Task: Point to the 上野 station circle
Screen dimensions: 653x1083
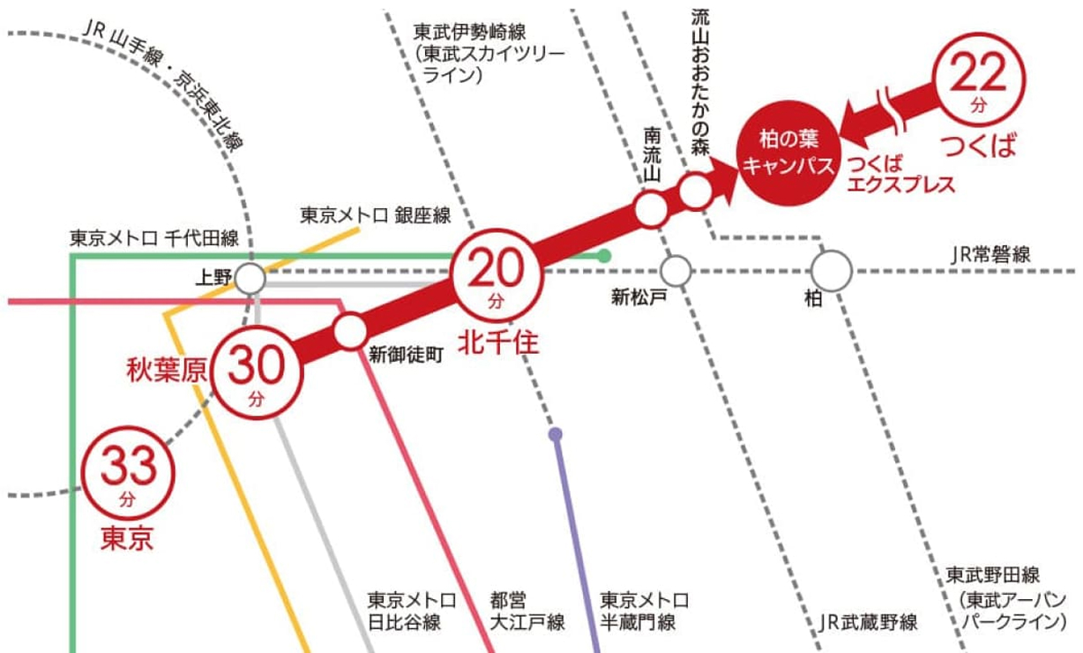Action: (250, 279)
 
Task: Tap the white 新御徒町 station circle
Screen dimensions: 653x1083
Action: (350, 330)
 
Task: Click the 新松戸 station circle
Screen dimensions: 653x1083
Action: (676, 269)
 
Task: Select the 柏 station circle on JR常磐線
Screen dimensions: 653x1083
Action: (833, 269)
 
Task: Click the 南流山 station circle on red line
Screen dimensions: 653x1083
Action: (651, 209)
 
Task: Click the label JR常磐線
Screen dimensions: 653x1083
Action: (990, 255)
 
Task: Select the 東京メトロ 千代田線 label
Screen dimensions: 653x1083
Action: (155, 238)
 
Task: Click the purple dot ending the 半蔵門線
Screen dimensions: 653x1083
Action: (555, 434)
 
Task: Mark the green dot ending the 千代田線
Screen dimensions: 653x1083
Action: (604, 256)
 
